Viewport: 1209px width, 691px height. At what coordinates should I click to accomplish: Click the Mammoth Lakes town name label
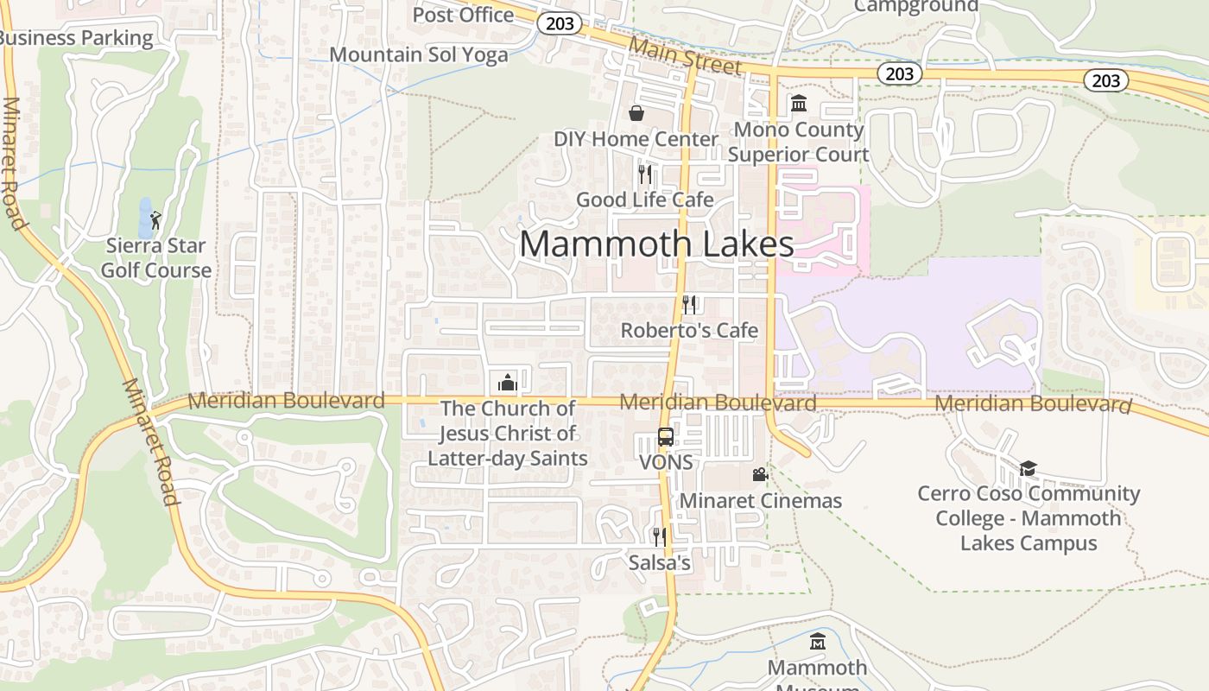(656, 244)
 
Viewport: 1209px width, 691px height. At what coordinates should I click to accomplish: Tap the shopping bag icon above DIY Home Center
(636, 113)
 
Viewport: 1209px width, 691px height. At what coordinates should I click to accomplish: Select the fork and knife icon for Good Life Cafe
(645, 174)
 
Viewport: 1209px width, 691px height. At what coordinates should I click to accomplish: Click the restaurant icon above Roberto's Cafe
(689, 304)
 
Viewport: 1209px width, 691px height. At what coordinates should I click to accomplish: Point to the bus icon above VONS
(666, 437)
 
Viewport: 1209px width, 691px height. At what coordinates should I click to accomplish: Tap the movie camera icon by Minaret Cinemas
(760, 474)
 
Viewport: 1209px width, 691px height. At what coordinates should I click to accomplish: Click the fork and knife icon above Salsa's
(660, 537)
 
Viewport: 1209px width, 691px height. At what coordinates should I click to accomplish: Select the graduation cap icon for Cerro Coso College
(1028, 468)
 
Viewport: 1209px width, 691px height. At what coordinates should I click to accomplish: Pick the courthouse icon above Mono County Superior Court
(799, 104)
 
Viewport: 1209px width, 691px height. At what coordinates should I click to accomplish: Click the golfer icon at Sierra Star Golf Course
(155, 220)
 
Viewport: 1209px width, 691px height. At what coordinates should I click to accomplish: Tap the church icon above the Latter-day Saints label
(508, 382)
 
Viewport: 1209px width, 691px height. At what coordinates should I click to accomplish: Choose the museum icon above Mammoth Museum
(817, 642)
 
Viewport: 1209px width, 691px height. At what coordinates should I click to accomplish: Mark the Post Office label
(463, 15)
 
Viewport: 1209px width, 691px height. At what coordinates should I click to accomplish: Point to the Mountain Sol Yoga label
(419, 54)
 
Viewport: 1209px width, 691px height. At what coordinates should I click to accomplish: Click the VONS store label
(666, 462)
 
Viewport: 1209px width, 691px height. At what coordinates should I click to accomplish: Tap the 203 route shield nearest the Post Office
(560, 23)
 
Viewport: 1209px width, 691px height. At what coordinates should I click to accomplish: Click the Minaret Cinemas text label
(761, 500)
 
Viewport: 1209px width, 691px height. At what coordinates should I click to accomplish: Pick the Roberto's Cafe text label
(689, 330)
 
